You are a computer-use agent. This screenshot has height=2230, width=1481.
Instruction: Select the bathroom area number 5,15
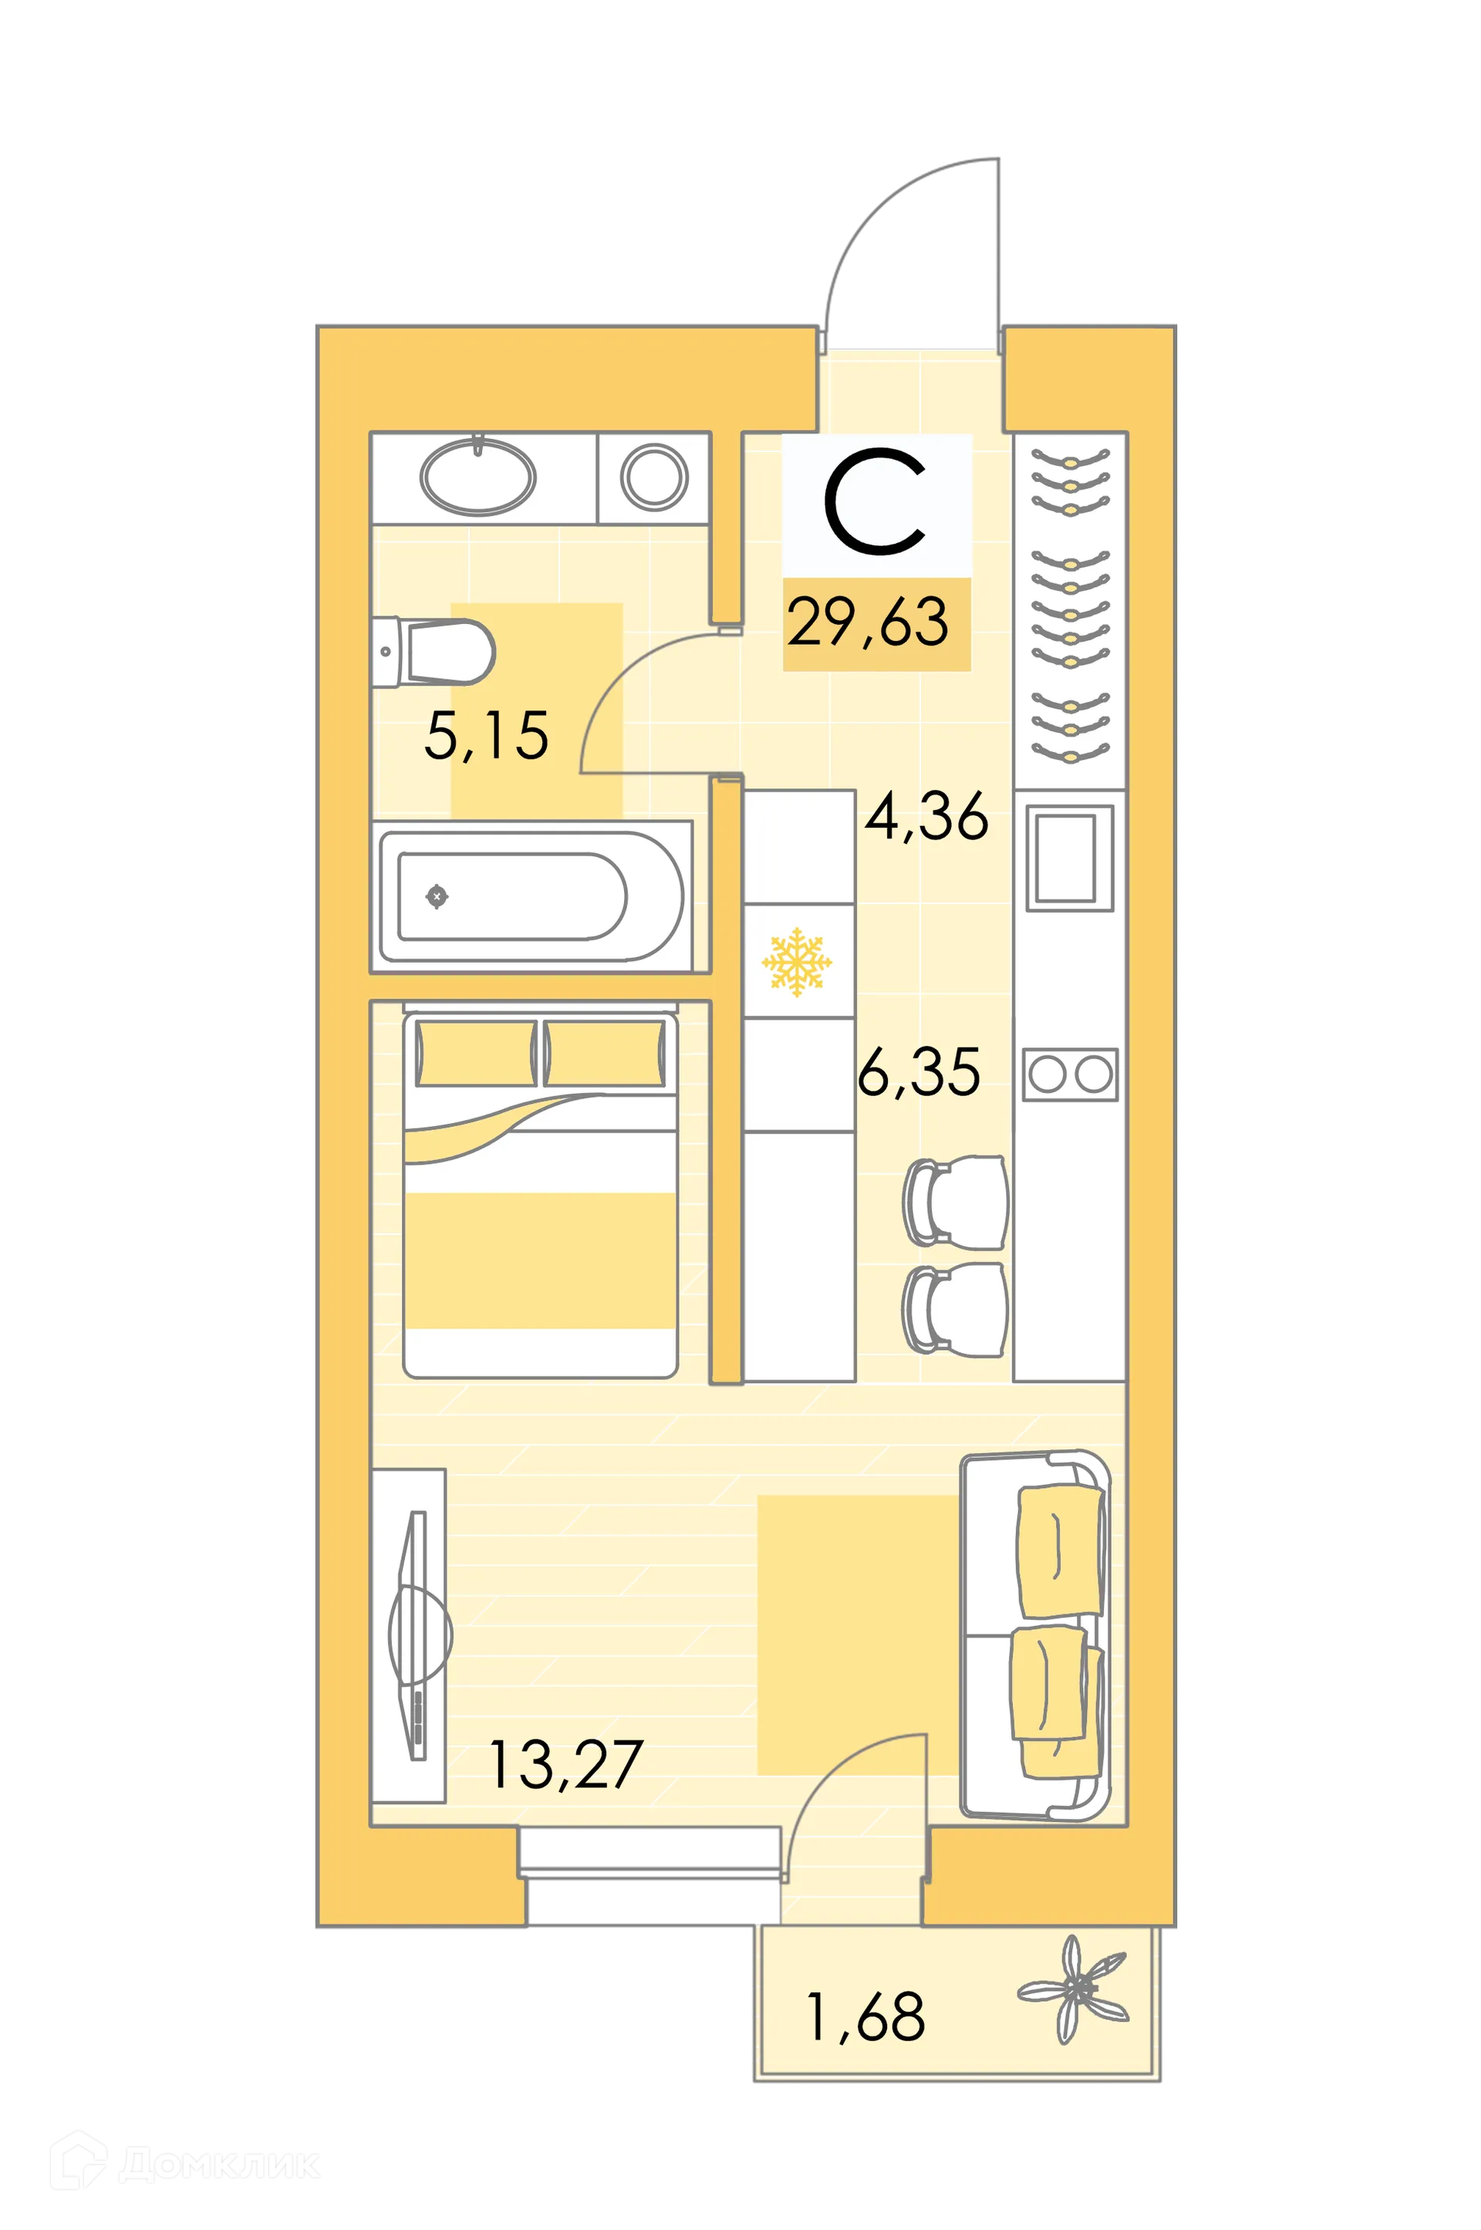(x=487, y=736)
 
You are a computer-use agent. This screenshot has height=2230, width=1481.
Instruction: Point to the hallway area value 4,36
(x=926, y=816)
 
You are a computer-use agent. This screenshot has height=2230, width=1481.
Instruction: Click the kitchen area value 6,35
(x=919, y=1072)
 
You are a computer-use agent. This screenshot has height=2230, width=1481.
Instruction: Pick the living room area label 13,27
(x=565, y=1764)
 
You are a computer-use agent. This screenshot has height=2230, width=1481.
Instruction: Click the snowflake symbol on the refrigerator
(x=797, y=962)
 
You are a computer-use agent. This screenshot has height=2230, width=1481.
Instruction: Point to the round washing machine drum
(x=653, y=477)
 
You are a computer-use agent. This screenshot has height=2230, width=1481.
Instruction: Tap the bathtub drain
(x=437, y=896)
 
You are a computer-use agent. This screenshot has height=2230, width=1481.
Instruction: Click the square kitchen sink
(x=1068, y=858)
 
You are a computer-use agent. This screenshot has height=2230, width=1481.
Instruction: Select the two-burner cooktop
(x=1070, y=1075)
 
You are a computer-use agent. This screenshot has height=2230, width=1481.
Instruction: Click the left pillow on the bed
(x=475, y=1053)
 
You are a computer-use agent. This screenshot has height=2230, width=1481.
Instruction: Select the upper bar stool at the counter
(x=954, y=1203)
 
